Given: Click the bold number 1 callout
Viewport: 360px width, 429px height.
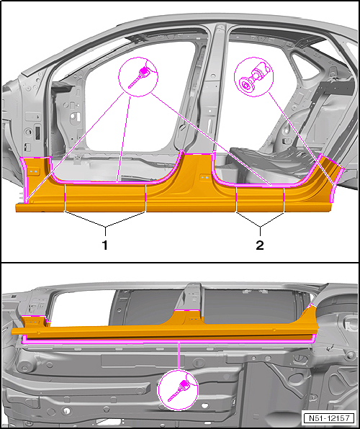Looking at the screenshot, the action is (105, 245).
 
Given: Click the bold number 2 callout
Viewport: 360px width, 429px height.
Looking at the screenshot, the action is (260, 245).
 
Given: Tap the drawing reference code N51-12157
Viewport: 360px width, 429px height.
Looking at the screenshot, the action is (329, 418).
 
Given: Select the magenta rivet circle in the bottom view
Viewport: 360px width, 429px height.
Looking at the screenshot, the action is (179, 390).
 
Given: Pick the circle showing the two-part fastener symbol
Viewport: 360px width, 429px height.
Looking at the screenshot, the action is (253, 76).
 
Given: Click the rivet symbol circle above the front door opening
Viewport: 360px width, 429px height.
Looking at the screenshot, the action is (138, 76).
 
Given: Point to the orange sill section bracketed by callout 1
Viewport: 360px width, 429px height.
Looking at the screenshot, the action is (105, 198).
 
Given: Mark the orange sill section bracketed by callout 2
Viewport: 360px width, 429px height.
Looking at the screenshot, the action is (260, 199).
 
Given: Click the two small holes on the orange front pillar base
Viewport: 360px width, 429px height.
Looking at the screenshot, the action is (34, 171).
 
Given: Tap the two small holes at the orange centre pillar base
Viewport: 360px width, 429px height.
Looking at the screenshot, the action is (204, 177).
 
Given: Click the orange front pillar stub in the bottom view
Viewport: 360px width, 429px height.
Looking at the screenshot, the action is (35, 322).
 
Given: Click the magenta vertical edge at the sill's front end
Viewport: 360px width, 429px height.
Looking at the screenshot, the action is (24, 181).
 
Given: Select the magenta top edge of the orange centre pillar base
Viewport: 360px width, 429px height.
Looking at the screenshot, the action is (198, 154).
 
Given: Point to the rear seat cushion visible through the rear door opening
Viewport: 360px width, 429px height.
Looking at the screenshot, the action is (270, 158).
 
